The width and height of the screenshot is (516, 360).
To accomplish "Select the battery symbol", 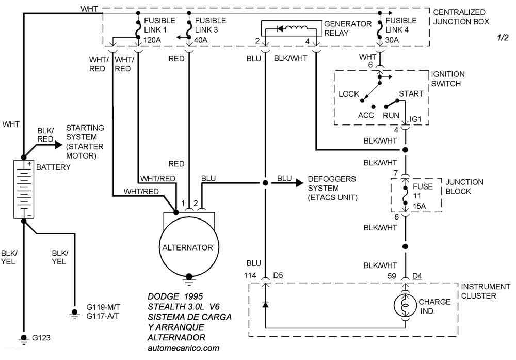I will coord(23,189).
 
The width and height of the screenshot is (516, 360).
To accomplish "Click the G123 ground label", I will coord(42,339).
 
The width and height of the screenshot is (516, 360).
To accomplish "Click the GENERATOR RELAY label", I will coord(347,28).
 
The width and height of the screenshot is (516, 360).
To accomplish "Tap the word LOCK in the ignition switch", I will coord(349,94).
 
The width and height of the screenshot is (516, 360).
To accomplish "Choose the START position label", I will coord(411,94).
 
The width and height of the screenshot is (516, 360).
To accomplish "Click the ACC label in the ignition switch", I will coord(366,115).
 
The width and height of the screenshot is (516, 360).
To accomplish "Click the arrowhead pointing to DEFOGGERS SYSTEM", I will coord(299,182).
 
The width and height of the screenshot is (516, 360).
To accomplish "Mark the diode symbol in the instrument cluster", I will coord(265,304).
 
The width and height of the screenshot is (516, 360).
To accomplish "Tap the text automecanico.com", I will coord(183,348).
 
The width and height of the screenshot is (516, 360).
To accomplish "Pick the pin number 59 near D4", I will coord(392,275).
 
